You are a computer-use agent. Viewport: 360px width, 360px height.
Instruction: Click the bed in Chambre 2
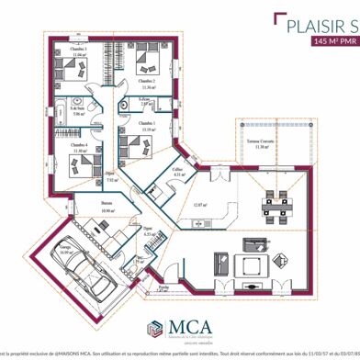(147, 62)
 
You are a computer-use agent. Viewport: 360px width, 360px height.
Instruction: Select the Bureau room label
(107, 207)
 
